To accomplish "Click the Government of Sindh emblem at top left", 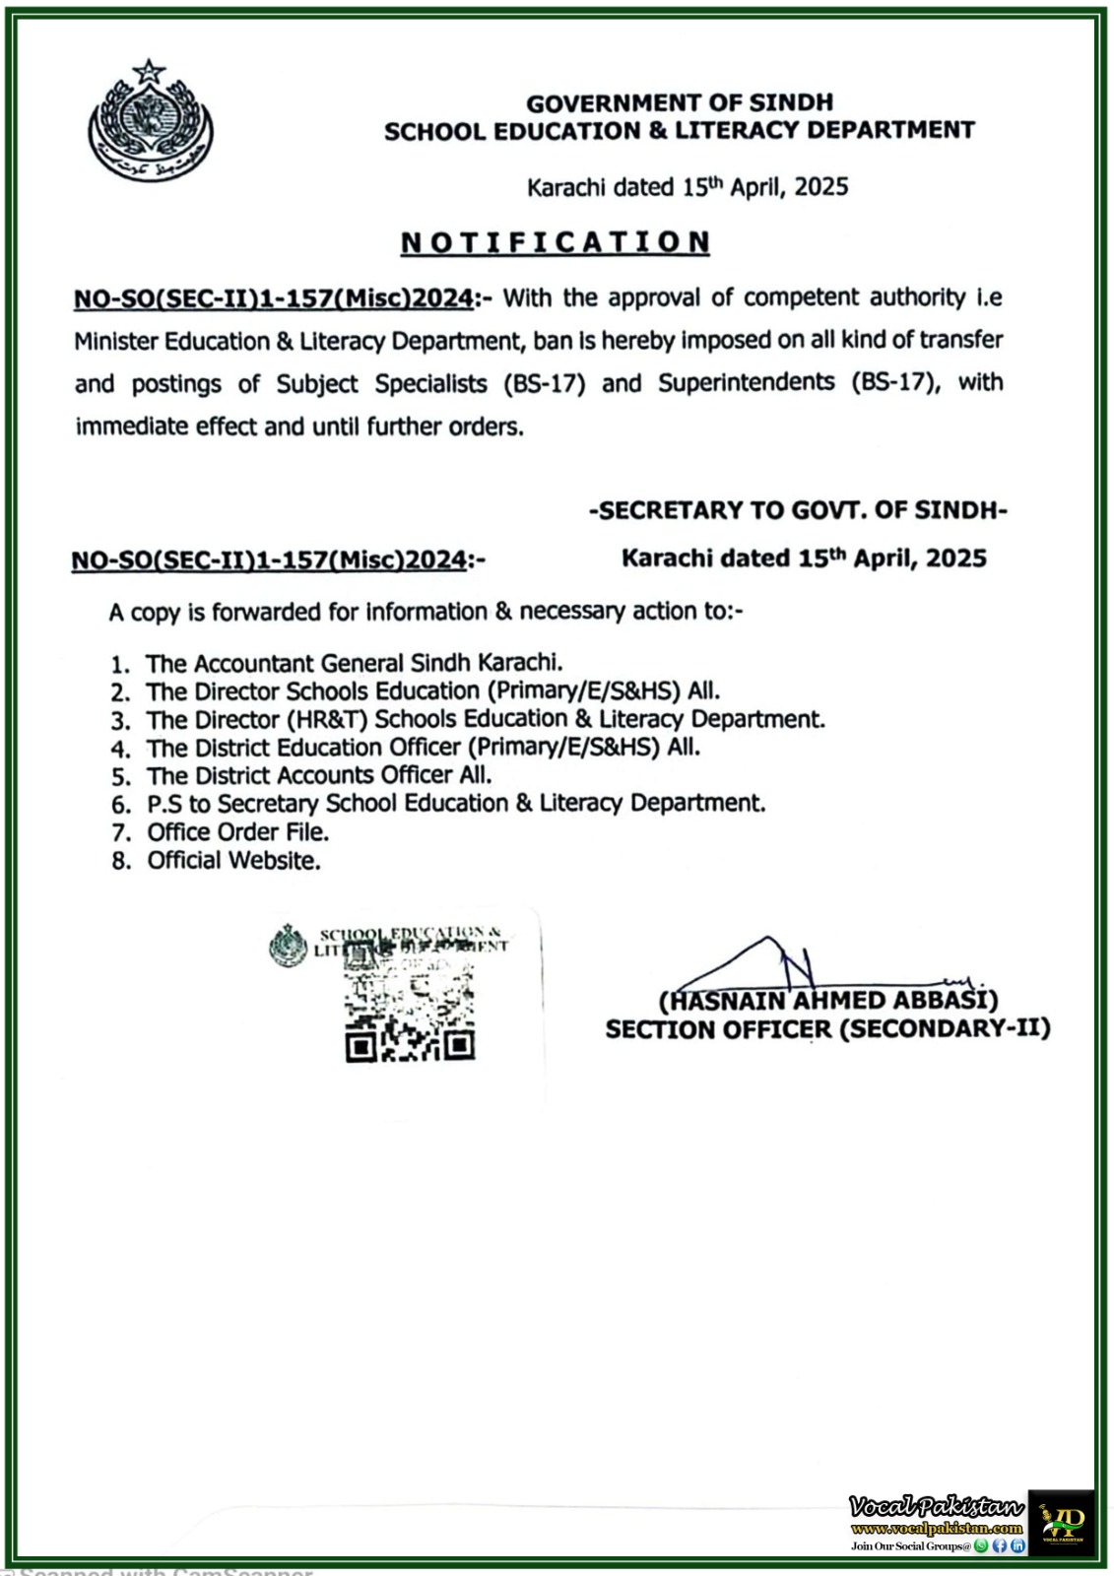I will pos(151,124).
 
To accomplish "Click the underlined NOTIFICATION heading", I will pos(555,242).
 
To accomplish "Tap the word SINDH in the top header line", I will pos(791,102).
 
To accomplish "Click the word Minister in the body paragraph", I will pos(116,342).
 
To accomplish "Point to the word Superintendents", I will pos(746,382).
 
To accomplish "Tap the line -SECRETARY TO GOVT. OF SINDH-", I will pos(797,510).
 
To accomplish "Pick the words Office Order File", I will pos(237,832).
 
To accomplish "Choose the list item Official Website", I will pos(233,861).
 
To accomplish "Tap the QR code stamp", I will pos(410,1010).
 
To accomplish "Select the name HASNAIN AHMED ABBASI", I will pos(827,1001).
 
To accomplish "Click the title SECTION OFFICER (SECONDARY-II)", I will pos(827,1029).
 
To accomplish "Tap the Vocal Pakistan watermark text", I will pos(936,1506).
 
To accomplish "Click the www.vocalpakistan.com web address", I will pos(936,1529).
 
